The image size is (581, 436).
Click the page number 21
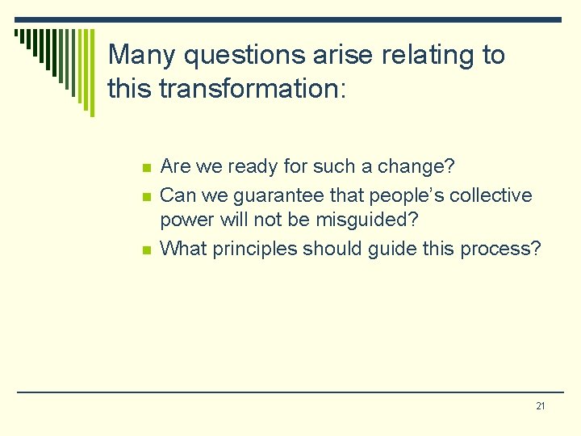(x=540, y=405)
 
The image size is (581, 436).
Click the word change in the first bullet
(x=422, y=167)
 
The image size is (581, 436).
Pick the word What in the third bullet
(x=183, y=248)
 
